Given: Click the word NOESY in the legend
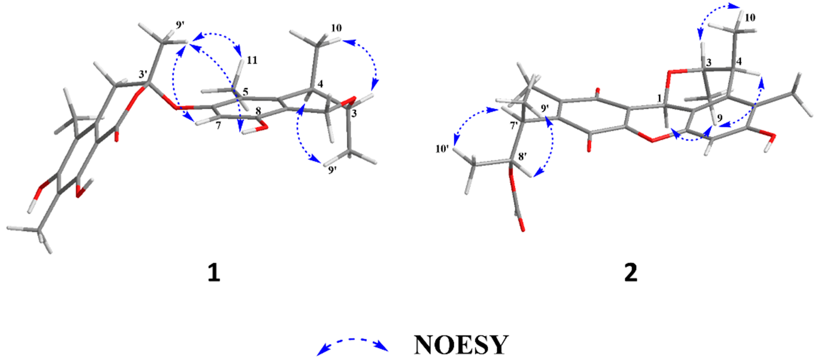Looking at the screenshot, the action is tap(461, 345).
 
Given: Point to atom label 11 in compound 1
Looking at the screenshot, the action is tap(252, 60).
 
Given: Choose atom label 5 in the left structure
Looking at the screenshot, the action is tap(245, 92).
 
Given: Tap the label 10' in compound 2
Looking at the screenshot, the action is tap(442, 148).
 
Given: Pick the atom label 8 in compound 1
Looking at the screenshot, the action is tap(258, 111).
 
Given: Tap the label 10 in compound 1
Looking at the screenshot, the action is tap(337, 28).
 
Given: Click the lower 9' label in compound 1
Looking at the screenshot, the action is tap(333, 170).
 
